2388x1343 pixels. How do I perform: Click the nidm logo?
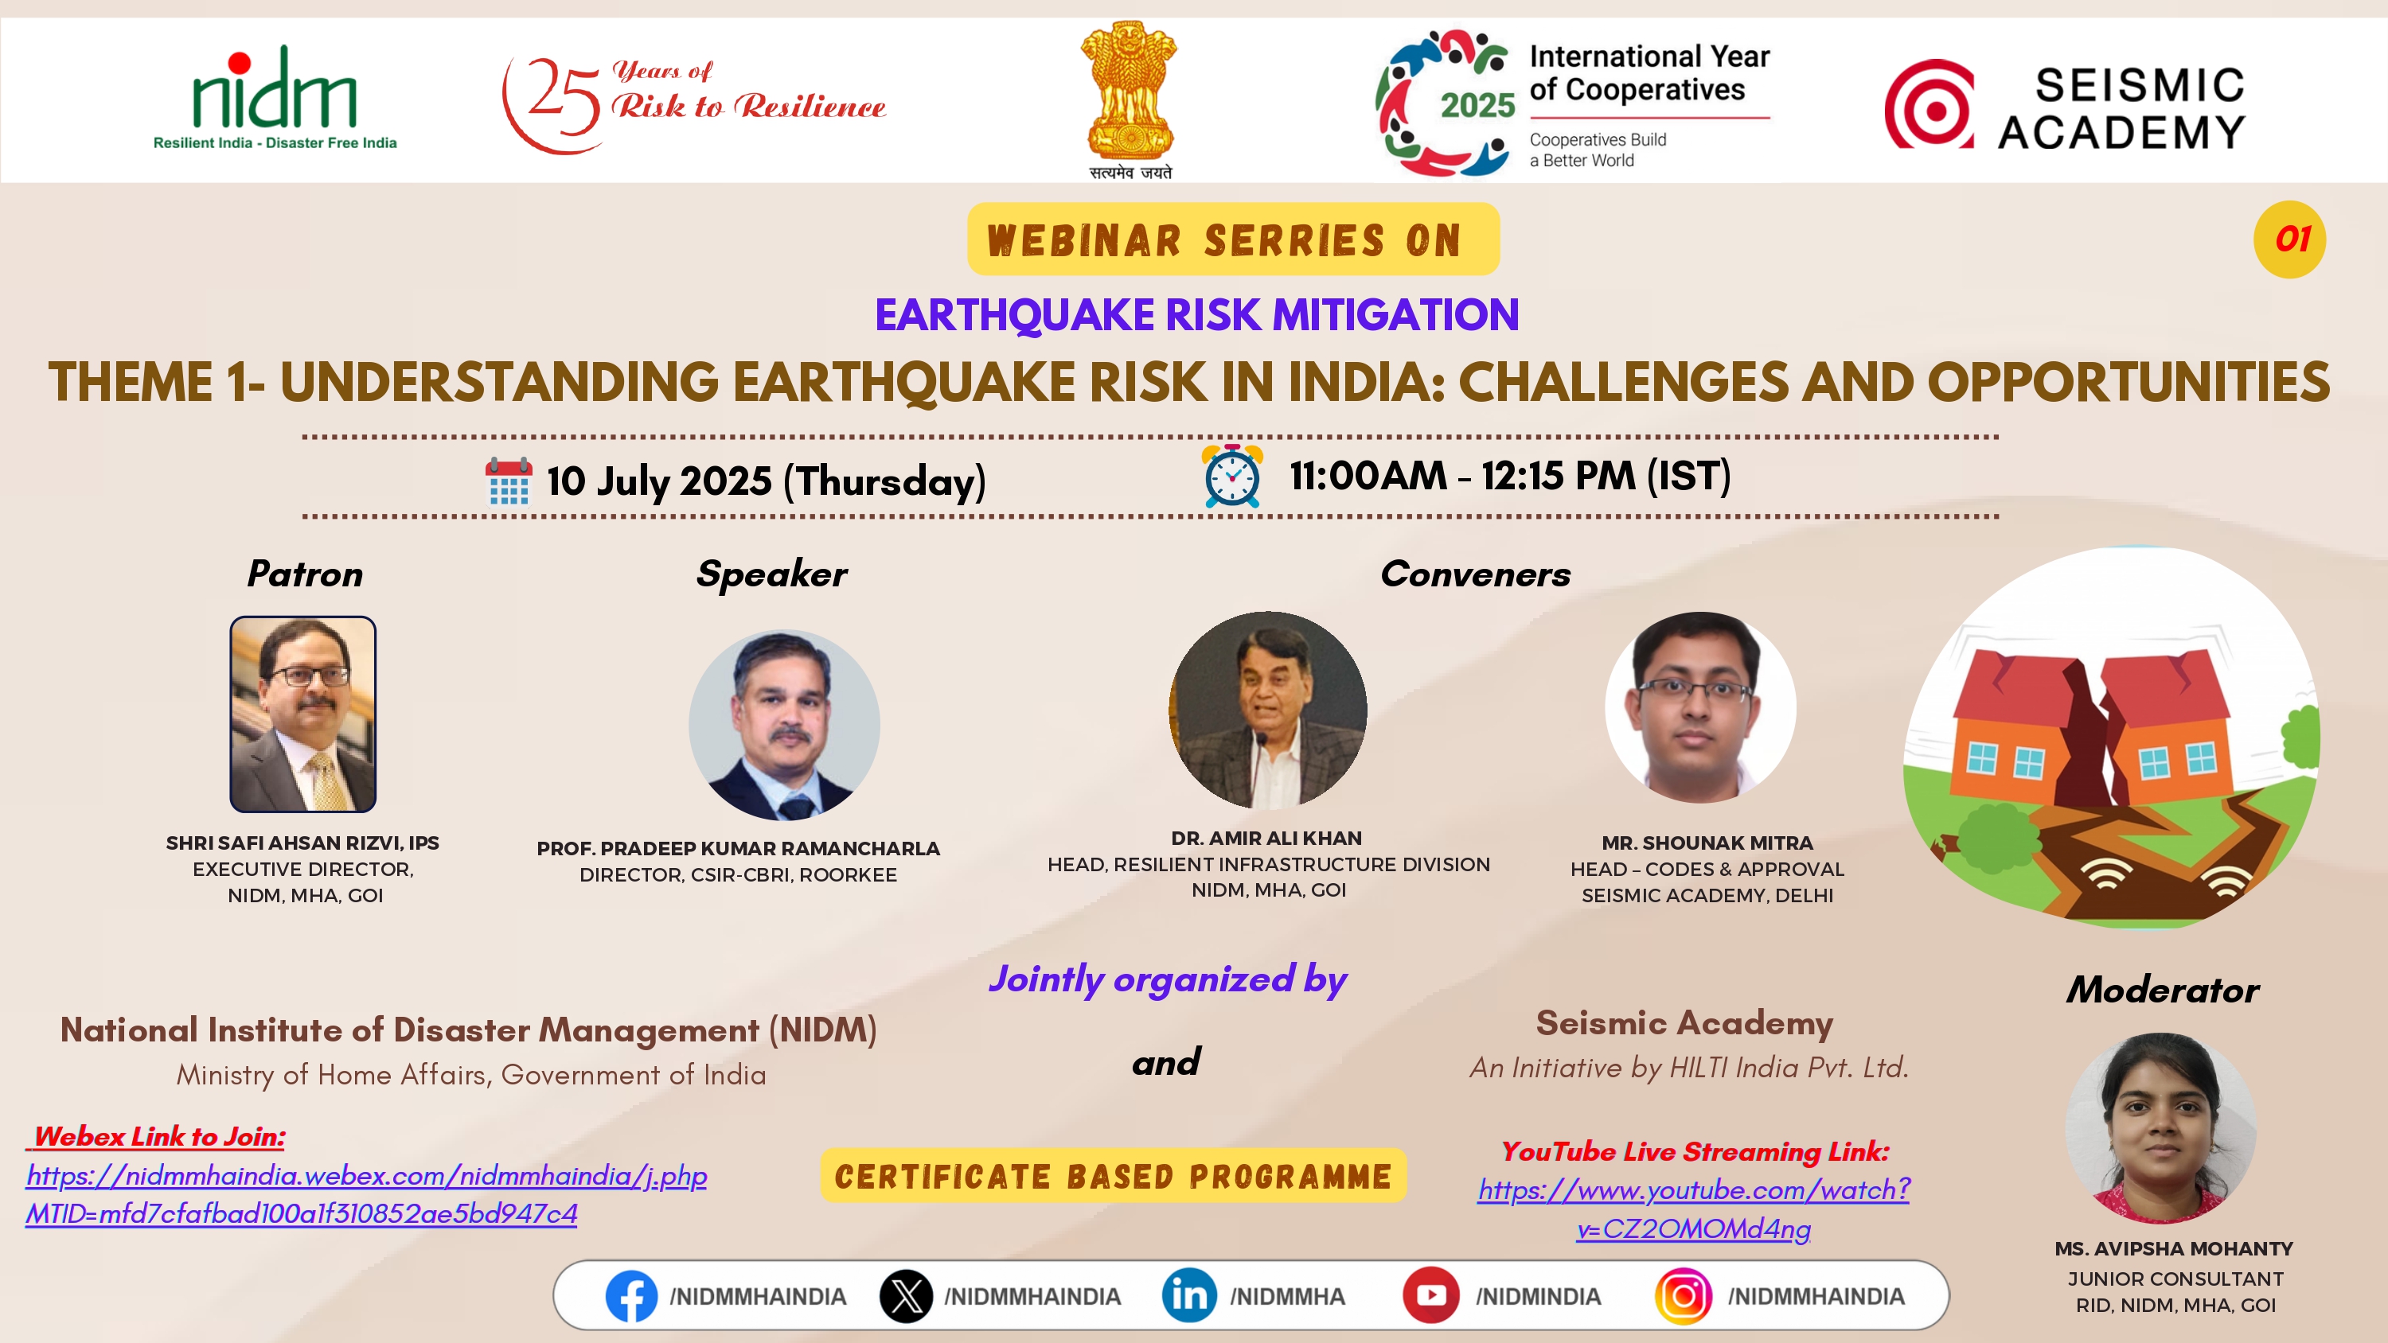(x=275, y=97)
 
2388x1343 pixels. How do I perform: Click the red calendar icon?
(x=508, y=481)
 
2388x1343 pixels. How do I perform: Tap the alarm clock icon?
(x=1232, y=476)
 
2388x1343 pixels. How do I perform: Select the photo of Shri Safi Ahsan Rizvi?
(x=303, y=714)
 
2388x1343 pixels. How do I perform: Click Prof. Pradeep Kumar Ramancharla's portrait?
(x=784, y=725)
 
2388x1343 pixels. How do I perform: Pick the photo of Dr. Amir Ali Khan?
(x=1267, y=710)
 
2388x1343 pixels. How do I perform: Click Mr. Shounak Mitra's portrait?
(x=1700, y=707)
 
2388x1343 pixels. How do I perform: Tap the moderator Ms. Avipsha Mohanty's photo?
(x=2161, y=1128)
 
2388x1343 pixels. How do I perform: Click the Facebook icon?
(x=631, y=1296)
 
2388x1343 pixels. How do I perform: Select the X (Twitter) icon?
(x=906, y=1296)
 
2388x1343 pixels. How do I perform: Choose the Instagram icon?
(x=1684, y=1296)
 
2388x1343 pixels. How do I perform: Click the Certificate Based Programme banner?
(x=1114, y=1176)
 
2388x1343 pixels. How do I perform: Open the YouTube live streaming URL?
(x=1694, y=1209)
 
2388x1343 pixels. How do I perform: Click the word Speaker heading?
(x=771, y=574)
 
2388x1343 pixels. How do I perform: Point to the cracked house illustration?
(x=2112, y=738)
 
